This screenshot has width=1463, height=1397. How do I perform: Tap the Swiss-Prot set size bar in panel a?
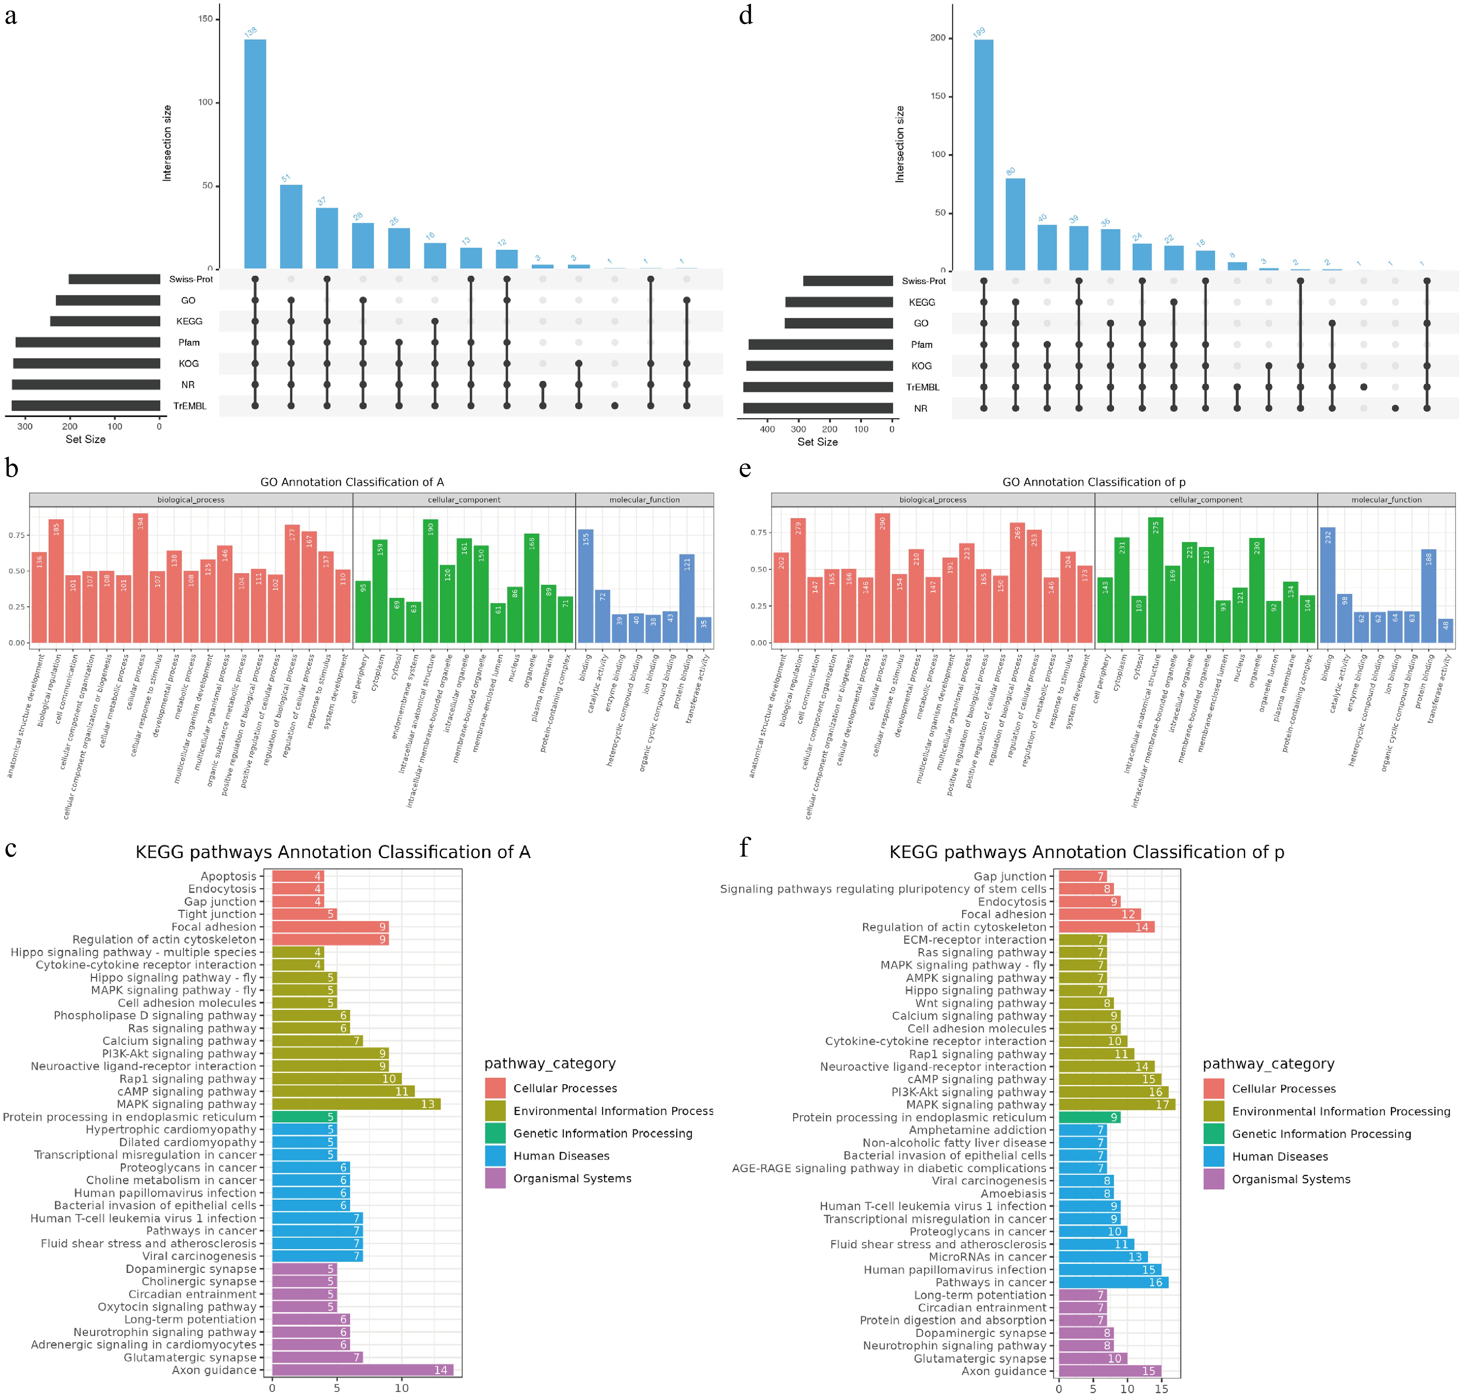114,279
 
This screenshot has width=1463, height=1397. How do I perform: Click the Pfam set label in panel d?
921,345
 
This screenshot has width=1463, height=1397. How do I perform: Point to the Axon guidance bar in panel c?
362,1370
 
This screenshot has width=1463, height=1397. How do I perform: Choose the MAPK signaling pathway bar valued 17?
1117,1104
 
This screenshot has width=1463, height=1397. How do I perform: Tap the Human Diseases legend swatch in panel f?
1214,1157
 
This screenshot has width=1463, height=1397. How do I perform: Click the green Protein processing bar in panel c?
304,1117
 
